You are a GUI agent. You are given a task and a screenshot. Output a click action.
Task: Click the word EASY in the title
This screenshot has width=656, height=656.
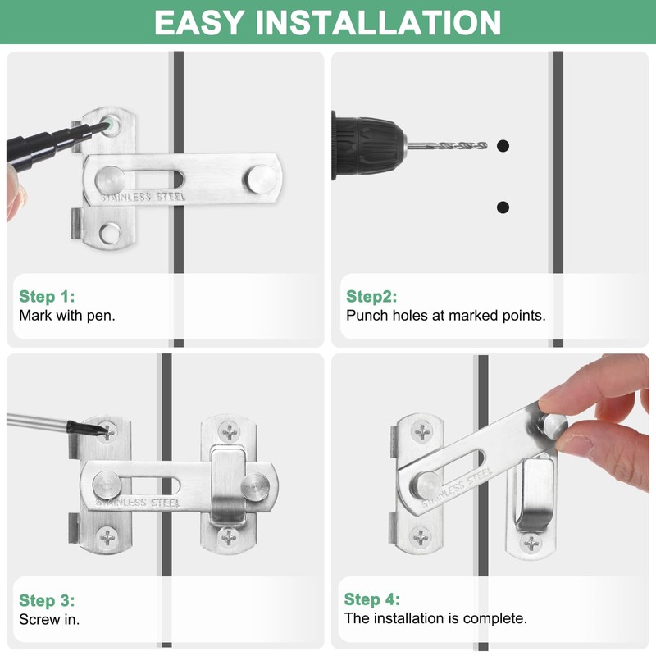coord(199,22)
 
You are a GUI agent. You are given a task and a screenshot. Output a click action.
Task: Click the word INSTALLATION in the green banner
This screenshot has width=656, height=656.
coord(378,22)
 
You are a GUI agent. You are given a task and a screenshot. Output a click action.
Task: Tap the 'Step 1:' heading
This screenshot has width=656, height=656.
coord(47,296)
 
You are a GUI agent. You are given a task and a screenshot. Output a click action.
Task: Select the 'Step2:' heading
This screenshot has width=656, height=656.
coord(371,296)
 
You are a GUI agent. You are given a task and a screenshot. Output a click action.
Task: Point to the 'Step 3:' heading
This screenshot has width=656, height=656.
coord(47,600)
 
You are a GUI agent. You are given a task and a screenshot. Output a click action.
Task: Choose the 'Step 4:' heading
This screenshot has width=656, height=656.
coord(372,599)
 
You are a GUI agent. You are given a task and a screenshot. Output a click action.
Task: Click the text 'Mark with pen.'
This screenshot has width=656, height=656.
coord(67,315)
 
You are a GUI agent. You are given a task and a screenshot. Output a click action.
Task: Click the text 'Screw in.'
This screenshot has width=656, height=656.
coord(49,619)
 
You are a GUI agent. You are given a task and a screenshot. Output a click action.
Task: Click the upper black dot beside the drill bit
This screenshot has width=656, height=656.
coord(503,146)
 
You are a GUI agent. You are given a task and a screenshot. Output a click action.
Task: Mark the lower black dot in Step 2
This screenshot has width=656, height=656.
coord(503,207)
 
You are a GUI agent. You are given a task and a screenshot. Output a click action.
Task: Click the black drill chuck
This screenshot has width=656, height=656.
coord(368,146)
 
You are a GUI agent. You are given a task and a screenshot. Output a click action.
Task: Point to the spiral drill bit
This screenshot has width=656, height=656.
coord(447,146)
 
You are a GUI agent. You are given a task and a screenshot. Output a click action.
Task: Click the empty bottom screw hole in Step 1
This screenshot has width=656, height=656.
coord(110,234)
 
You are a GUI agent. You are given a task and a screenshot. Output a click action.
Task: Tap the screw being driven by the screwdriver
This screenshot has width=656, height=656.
coord(107,432)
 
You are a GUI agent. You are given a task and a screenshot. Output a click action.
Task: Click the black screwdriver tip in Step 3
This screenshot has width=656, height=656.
coord(84,428)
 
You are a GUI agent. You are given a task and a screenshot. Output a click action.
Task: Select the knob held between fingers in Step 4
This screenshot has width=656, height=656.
coord(552,426)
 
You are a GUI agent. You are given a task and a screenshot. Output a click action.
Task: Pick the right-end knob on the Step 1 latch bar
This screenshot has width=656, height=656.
coord(260,177)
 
